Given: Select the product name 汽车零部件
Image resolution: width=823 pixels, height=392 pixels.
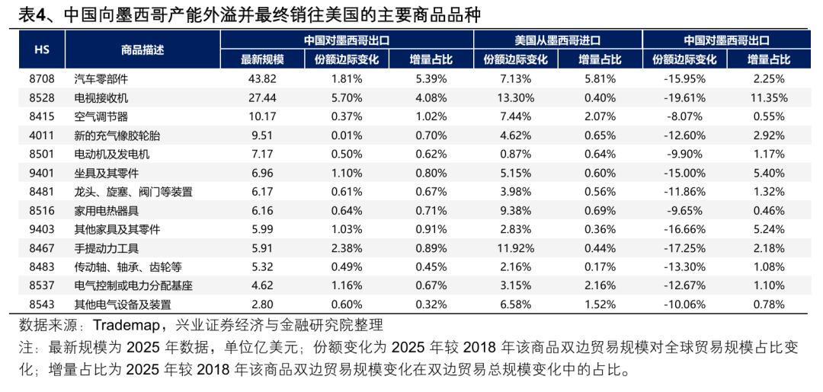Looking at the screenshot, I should [101, 78].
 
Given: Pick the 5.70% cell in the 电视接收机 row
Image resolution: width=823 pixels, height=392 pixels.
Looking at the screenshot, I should [346, 97].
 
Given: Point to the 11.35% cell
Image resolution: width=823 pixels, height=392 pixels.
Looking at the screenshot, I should [768, 97].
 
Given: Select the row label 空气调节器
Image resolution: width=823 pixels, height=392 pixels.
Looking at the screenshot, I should [101, 116].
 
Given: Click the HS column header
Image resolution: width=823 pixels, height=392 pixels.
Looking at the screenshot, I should [43, 49].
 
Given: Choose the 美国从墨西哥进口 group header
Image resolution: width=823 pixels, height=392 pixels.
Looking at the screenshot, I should [558, 40].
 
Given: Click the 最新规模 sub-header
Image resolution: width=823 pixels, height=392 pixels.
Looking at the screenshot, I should [262, 59].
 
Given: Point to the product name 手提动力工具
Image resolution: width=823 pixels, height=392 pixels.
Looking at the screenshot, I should [107, 247].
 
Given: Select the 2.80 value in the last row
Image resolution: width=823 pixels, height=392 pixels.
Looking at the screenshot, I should [262, 304].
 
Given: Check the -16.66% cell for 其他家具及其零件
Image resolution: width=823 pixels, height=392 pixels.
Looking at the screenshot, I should [684, 229].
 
